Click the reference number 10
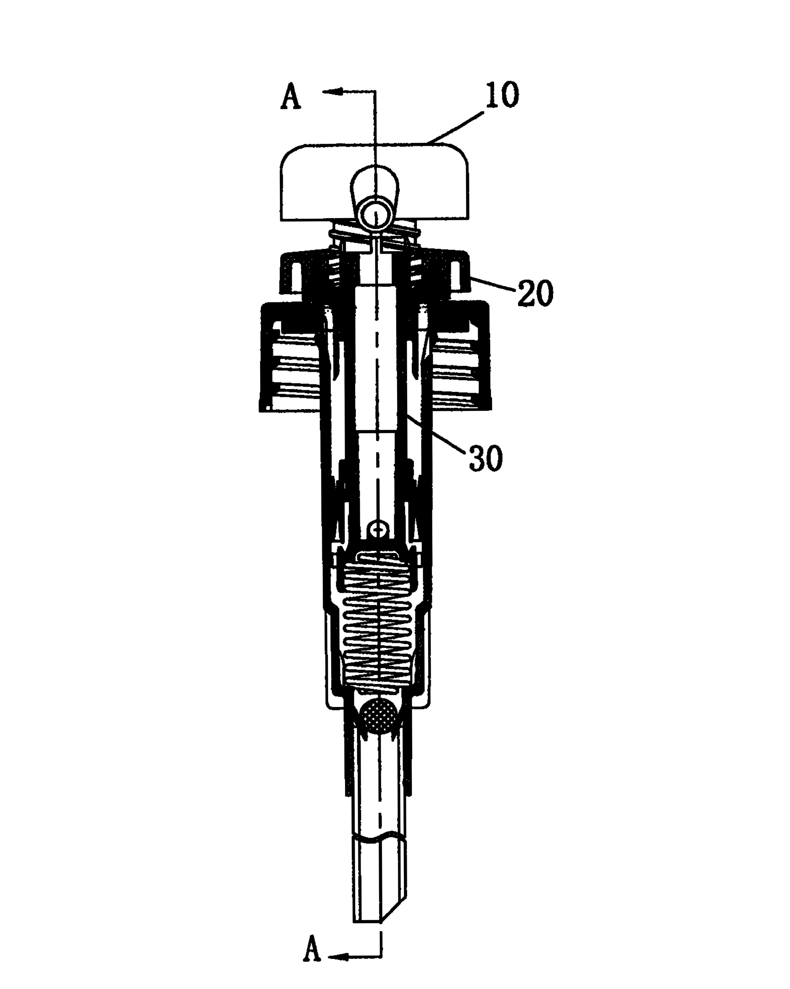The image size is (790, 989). tap(502, 95)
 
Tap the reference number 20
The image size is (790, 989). tap(535, 293)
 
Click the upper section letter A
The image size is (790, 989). tap(291, 97)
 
